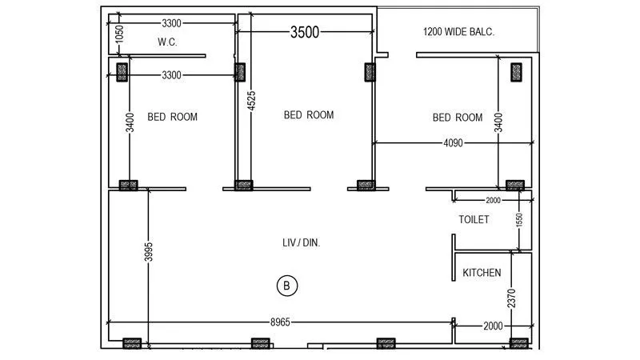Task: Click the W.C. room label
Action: pos(167,42)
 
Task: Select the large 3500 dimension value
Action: pos(305,32)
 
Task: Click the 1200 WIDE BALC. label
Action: pos(458,32)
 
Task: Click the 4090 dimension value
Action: pos(458,143)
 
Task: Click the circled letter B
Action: pos(286,285)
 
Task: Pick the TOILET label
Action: pos(474,219)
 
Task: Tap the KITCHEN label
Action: pos(482,273)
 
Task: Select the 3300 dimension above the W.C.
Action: pos(175,22)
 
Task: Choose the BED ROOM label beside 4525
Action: pos(309,115)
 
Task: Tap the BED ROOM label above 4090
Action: pos(458,118)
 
